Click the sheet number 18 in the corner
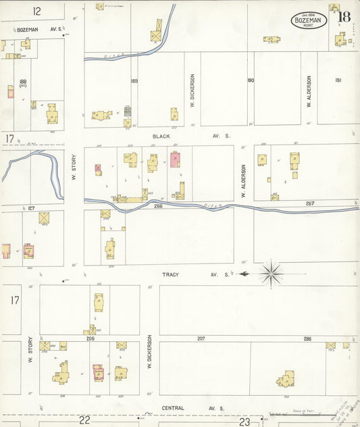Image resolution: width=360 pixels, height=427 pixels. pyautogui.click(x=344, y=17)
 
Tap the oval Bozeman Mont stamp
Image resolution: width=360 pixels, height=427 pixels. pyautogui.click(x=309, y=20)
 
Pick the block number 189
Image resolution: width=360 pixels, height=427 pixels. pyautogui.click(x=134, y=81)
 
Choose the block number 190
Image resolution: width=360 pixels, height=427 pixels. pyautogui.click(x=251, y=80)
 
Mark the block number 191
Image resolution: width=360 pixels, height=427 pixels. pyautogui.click(x=338, y=80)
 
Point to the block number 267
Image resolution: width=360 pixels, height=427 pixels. pyautogui.click(x=309, y=203)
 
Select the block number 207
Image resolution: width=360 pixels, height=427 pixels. pyautogui.click(x=201, y=338)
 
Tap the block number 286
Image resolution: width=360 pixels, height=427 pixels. pyautogui.click(x=307, y=338)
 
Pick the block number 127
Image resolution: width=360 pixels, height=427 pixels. pyautogui.click(x=30, y=208)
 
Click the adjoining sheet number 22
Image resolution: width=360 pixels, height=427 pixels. pyautogui.click(x=84, y=420)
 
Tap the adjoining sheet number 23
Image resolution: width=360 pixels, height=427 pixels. pyautogui.click(x=245, y=421)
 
